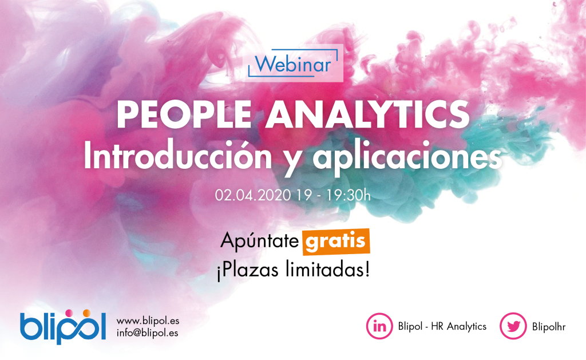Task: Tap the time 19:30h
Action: click(x=348, y=195)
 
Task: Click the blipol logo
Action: click(x=63, y=327)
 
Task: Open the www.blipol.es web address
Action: click(x=148, y=321)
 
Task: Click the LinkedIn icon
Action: click(x=379, y=326)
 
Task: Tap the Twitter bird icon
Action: click(x=513, y=326)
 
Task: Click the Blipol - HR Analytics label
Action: click(x=442, y=326)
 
